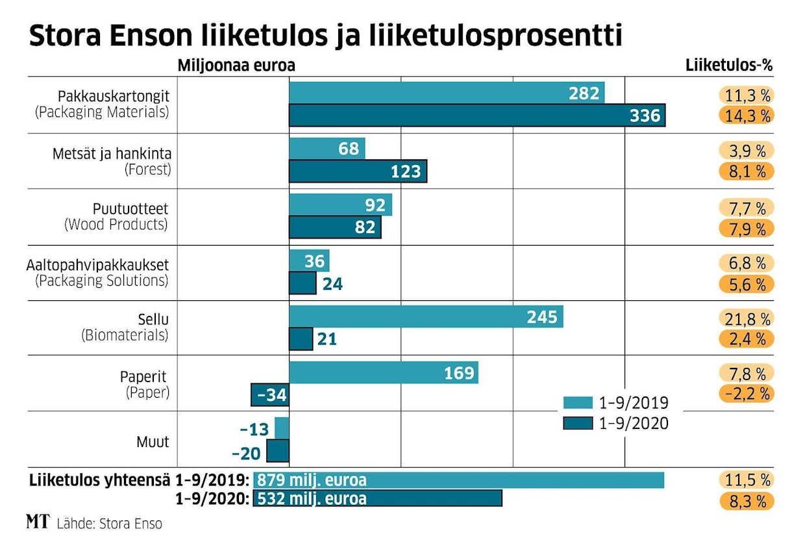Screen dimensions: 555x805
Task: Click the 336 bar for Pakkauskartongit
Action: pos(477,116)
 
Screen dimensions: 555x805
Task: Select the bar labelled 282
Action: pos(447,93)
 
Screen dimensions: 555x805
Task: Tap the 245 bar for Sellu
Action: pos(426,317)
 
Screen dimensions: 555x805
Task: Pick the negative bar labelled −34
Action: pos(270,394)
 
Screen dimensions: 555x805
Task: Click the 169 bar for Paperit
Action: pos(383,373)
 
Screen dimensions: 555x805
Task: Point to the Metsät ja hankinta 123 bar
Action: pos(358,172)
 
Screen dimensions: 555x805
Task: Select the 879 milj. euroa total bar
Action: pos(458,480)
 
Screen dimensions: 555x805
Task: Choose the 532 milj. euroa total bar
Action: pos(377,498)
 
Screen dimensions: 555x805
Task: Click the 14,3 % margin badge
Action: pos(746,116)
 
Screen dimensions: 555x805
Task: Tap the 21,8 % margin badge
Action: pos(746,318)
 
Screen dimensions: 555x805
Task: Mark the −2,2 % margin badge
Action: pos(746,393)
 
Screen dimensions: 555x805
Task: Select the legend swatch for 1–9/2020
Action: pos(578,423)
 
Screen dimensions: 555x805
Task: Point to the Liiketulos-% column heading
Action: pos(729,66)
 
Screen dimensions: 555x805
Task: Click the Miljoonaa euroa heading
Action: pos(236,66)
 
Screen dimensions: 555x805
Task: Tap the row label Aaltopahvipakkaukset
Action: pos(97,265)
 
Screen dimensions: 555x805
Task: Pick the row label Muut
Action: pos(153,442)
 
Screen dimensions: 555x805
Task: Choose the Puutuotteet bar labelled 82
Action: pos(335,227)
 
